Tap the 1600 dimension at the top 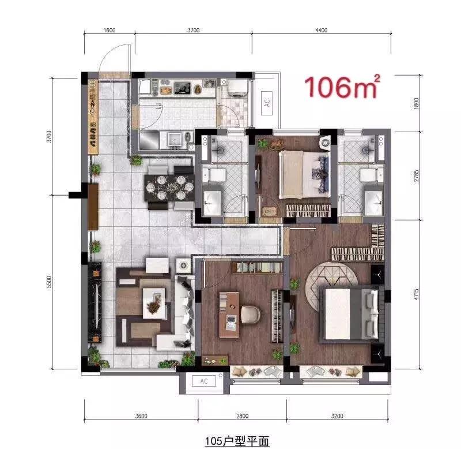(111, 31)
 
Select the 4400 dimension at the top (322, 31)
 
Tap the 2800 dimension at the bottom (242, 416)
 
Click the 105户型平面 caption (237, 441)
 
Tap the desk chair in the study (250, 315)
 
